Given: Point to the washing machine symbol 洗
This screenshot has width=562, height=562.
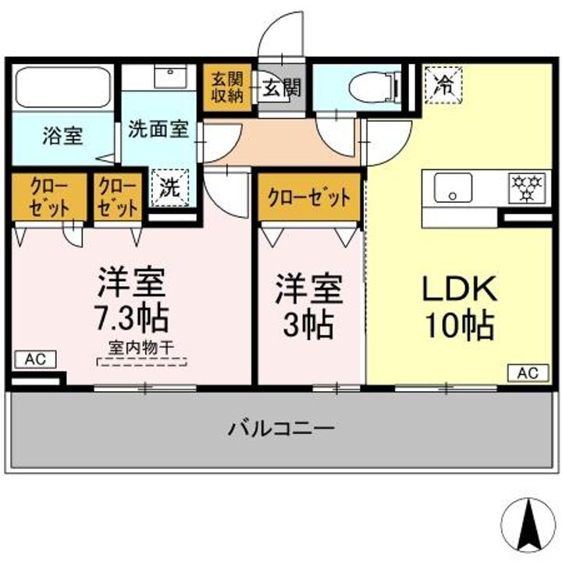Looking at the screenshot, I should [x=169, y=187].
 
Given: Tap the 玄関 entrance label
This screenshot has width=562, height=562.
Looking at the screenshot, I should [x=281, y=87].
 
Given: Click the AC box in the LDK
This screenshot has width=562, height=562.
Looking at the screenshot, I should [x=527, y=372].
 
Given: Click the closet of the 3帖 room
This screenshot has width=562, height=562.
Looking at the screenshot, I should [x=309, y=197].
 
